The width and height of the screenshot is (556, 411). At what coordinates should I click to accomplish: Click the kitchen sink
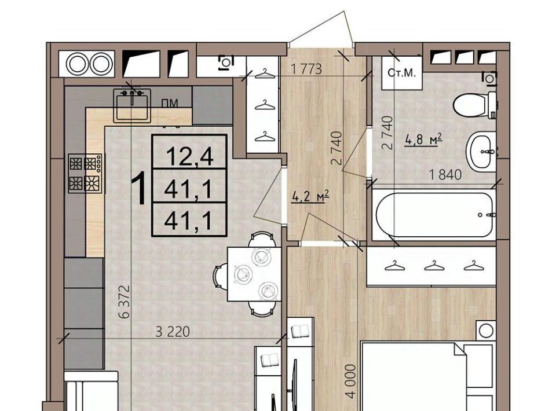[x=132, y=104]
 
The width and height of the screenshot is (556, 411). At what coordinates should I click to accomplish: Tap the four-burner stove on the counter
[x=85, y=173]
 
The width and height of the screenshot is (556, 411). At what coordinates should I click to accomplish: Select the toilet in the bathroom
[x=475, y=105]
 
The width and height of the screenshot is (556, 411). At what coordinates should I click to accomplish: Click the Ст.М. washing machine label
[x=401, y=73]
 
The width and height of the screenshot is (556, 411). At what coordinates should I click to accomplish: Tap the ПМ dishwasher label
[x=170, y=103]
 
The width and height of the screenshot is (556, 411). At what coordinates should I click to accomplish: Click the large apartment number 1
[x=138, y=188]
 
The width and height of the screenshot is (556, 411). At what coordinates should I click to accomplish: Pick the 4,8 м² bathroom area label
[x=423, y=140]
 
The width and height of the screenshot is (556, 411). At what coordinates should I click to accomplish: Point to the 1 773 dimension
[x=306, y=69]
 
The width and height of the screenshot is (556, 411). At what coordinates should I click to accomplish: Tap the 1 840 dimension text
[x=445, y=175]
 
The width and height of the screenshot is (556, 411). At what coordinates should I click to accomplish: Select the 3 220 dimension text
[x=173, y=332]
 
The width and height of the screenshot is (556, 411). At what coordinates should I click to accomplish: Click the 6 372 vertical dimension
[x=125, y=301]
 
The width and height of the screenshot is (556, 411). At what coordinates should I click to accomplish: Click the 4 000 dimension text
[x=350, y=381]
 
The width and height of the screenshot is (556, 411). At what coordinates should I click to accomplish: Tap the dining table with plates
[x=254, y=274]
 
